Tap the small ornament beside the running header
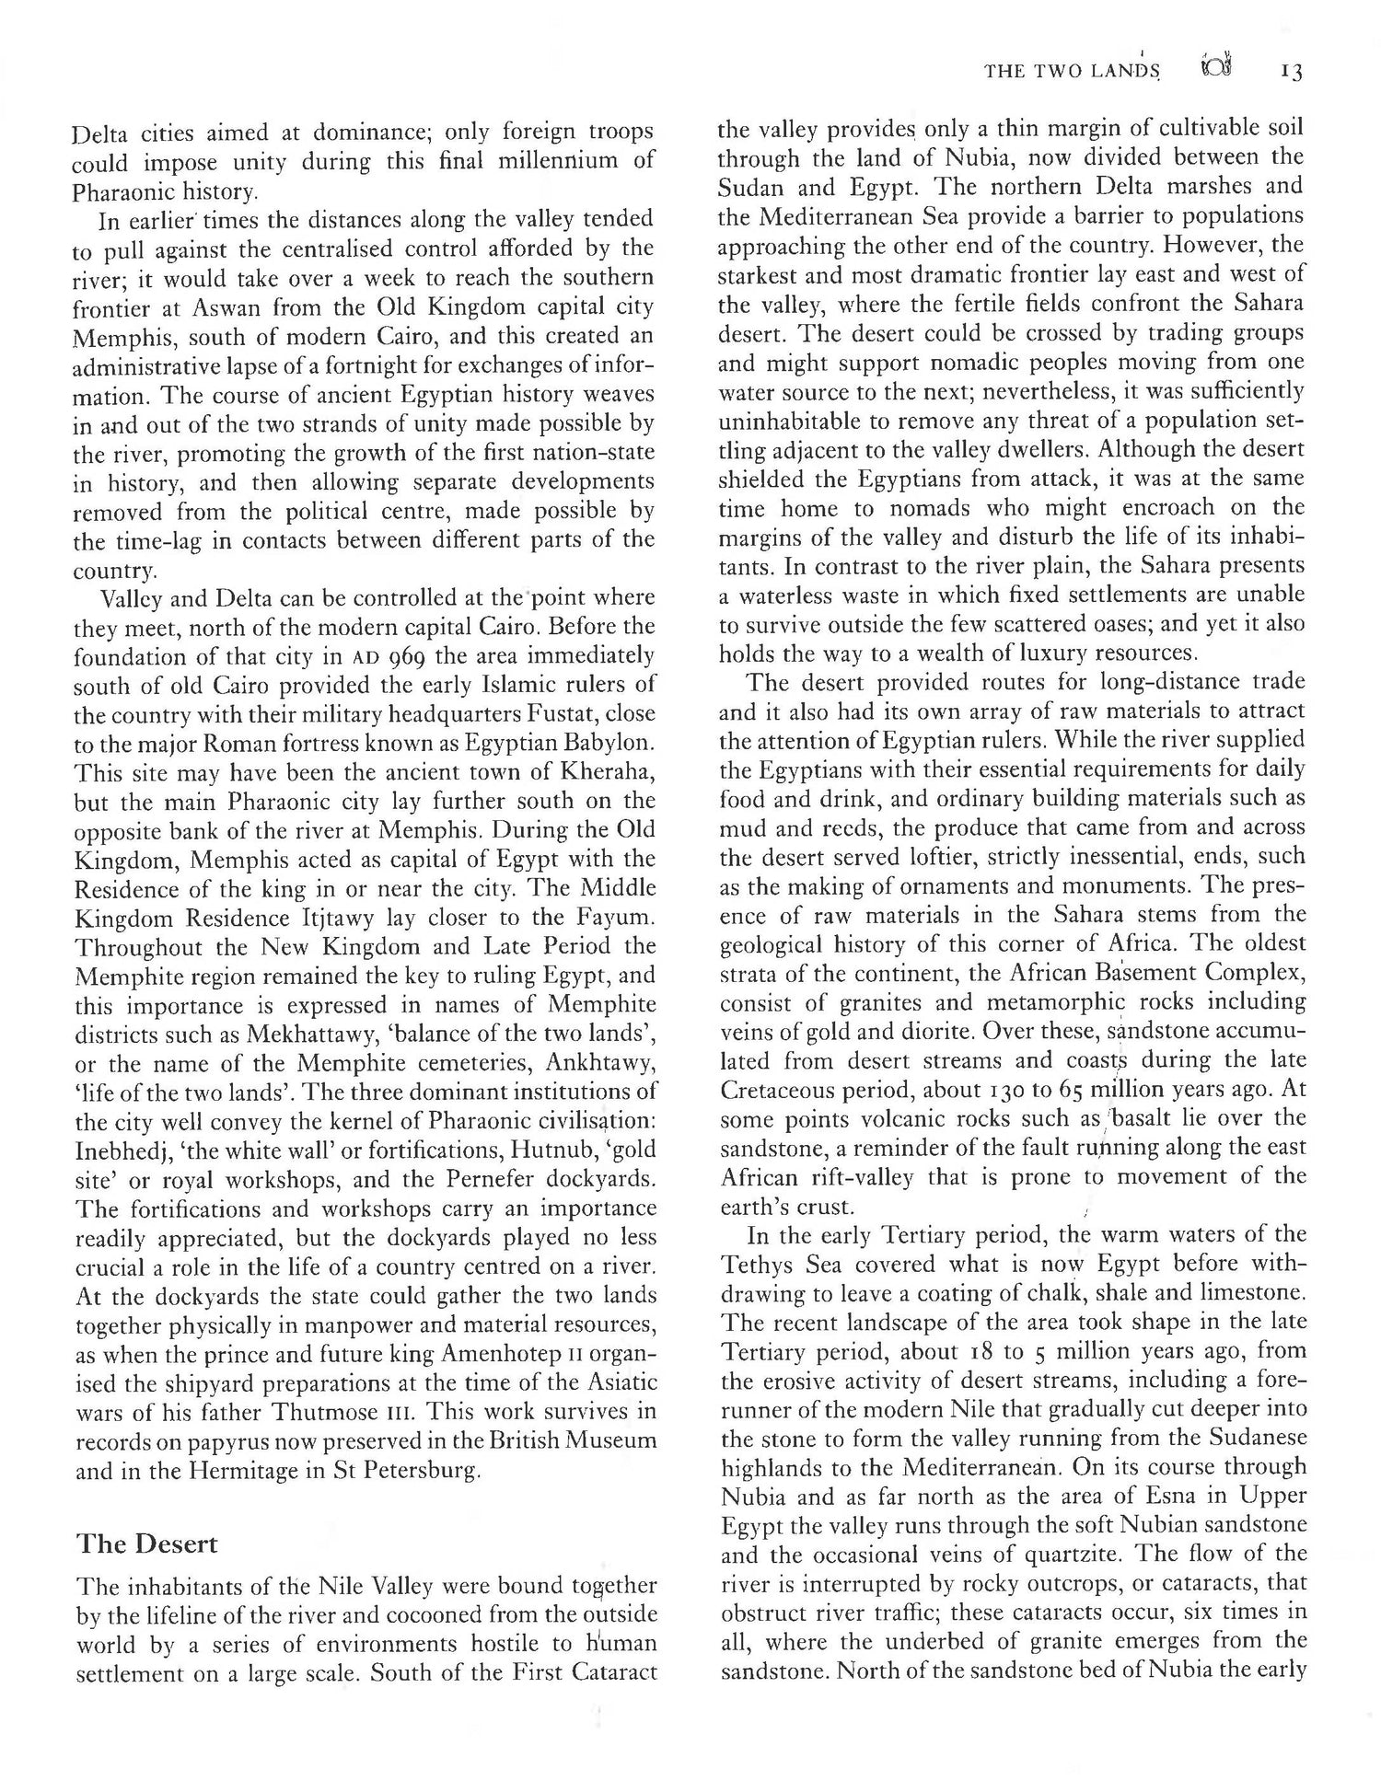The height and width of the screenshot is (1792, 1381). point(1216,67)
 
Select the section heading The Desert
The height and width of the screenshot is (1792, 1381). point(146,1543)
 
